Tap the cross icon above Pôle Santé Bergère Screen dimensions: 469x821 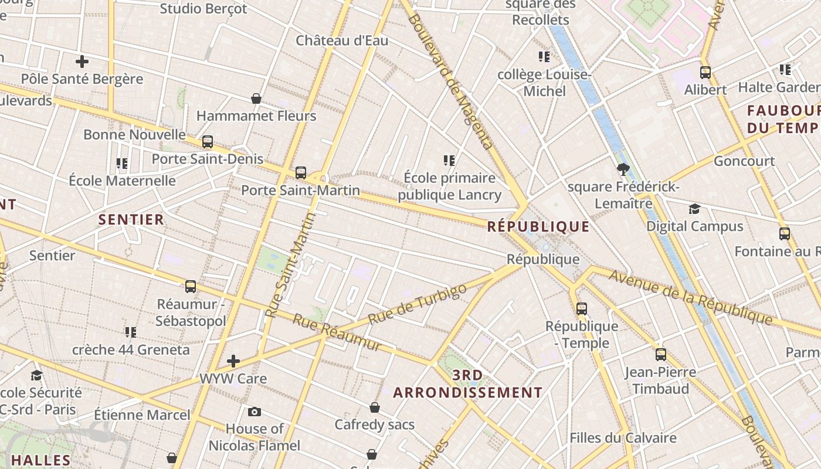(82, 61)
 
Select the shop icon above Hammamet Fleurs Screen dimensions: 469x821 (256, 98)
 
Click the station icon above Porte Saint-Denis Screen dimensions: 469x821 (208, 142)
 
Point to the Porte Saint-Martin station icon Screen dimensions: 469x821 (301, 172)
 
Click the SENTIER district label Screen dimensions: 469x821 (131, 220)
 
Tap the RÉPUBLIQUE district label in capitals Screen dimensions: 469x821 (538, 227)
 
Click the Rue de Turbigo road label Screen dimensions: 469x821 (418, 304)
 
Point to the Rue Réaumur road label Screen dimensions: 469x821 (337, 333)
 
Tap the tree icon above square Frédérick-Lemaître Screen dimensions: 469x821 (623, 170)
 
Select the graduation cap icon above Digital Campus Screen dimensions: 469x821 (695, 209)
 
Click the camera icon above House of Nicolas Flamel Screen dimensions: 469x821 (255, 412)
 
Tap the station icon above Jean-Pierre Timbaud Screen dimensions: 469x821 (661, 354)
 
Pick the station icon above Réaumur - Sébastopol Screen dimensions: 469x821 (191, 287)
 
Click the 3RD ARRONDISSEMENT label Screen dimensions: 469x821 (468, 384)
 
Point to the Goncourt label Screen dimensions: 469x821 (744, 161)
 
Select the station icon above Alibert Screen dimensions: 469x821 (705, 73)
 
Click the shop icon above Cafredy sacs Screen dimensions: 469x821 (375, 407)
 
